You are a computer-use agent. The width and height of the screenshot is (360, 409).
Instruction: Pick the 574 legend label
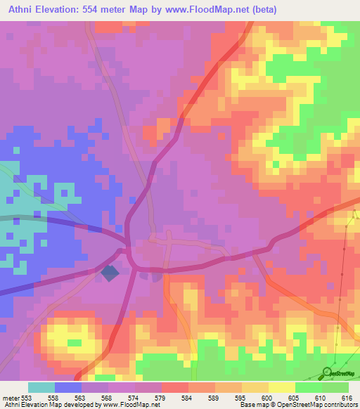(141, 397)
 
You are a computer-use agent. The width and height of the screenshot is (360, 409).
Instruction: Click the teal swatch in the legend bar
(41, 387)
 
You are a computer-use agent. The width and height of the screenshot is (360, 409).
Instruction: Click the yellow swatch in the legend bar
(282, 387)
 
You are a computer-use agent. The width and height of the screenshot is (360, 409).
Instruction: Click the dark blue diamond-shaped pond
(110, 273)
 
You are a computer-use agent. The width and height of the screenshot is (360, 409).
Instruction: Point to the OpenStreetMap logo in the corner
(340, 373)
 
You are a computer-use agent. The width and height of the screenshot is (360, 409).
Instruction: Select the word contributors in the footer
(345, 405)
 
